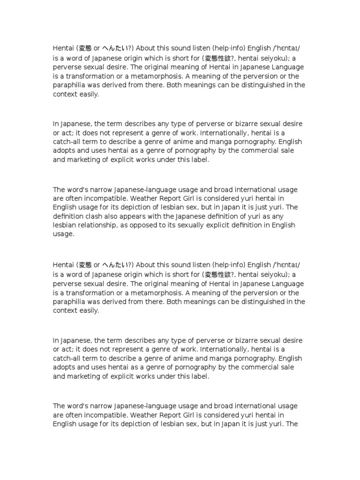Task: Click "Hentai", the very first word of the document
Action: coord(63,47)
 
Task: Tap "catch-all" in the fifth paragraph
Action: coord(68,358)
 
